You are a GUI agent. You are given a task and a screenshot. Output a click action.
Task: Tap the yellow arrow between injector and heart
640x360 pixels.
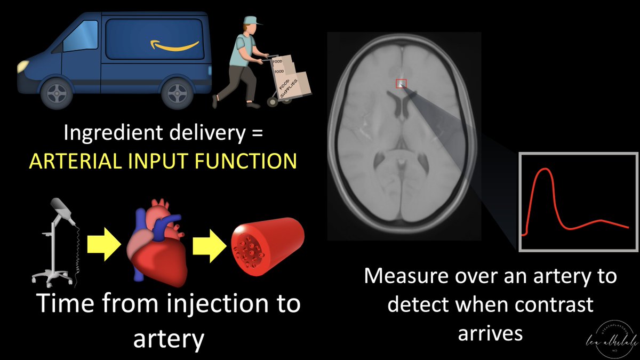coord(104,246)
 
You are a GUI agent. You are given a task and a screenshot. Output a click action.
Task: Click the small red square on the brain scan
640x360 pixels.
coord(401,83)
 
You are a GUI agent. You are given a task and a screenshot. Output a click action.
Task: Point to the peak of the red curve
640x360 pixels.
coord(544,170)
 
